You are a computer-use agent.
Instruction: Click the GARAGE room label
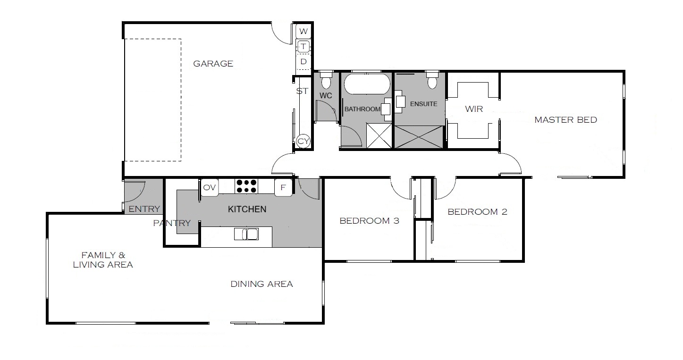coord(213,64)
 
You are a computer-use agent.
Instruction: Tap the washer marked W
coord(303,31)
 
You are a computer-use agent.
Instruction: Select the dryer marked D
coord(304,62)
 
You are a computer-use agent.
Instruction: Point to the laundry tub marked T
coord(304,47)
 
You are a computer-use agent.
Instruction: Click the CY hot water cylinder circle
coord(303,141)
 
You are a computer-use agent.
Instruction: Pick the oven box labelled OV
coord(210,187)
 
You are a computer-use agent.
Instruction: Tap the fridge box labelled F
coord(283,187)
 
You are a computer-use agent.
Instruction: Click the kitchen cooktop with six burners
coord(246,186)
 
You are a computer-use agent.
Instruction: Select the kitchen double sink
coord(246,234)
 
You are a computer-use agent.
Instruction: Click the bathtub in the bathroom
coord(367,84)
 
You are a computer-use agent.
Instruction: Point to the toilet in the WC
coord(326,80)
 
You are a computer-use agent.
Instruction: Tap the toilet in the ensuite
coord(432,80)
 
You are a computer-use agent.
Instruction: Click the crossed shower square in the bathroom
coord(379,135)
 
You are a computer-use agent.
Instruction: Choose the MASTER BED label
coord(565,120)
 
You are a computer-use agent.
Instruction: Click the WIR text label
coord(474,109)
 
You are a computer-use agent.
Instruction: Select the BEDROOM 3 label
coord(369,221)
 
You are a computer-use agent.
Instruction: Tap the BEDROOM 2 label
coord(477,212)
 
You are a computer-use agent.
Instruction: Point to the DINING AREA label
coord(261,284)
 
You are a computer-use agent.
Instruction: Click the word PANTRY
coord(172,223)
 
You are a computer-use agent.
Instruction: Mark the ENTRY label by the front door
coord(144,209)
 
